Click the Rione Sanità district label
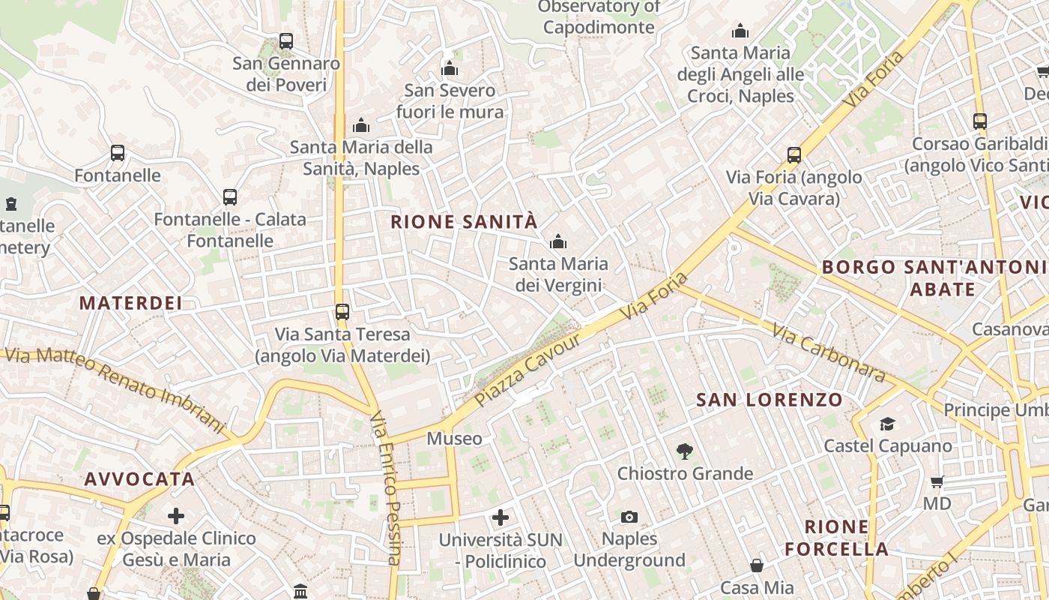(x=464, y=221)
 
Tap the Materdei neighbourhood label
(x=130, y=303)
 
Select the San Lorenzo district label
(x=770, y=399)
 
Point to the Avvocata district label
(x=139, y=478)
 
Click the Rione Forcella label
(x=836, y=537)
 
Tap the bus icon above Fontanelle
(x=118, y=153)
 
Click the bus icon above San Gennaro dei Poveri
(x=286, y=41)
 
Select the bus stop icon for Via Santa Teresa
(x=342, y=311)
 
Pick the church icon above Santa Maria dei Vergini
(x=557, y=241)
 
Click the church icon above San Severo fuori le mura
(x=450, y=69)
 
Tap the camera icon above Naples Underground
(x=629, y=517)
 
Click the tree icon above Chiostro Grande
(x=684, y=451)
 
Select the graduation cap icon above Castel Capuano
(x=888, y=424)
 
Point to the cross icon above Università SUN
(x=501, y=517)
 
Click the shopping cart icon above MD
(x=937, y=481)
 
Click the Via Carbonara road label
(x=829, y=352)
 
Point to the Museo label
(x=454, y=438)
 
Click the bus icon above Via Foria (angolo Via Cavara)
(x=794, y=155)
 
